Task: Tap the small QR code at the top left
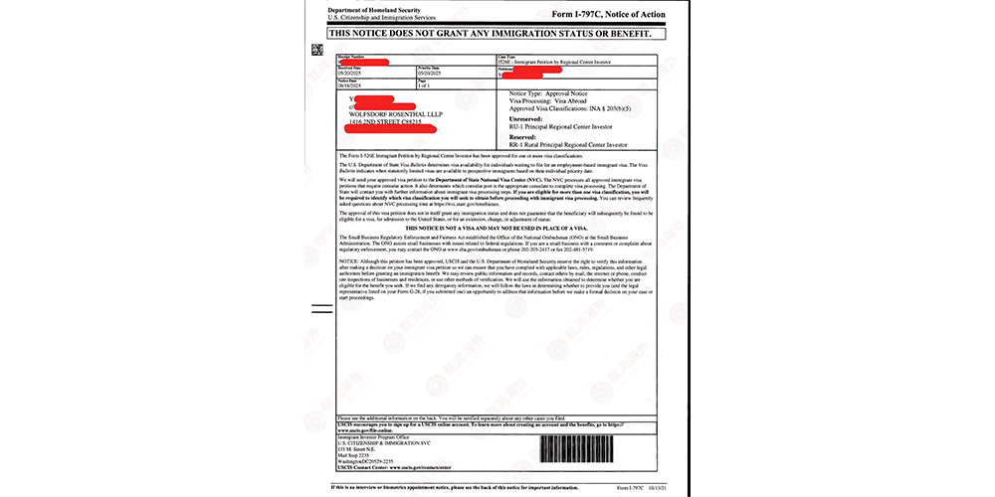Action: tap(317, 49)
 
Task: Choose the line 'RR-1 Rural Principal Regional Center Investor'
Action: tap(563, 144)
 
